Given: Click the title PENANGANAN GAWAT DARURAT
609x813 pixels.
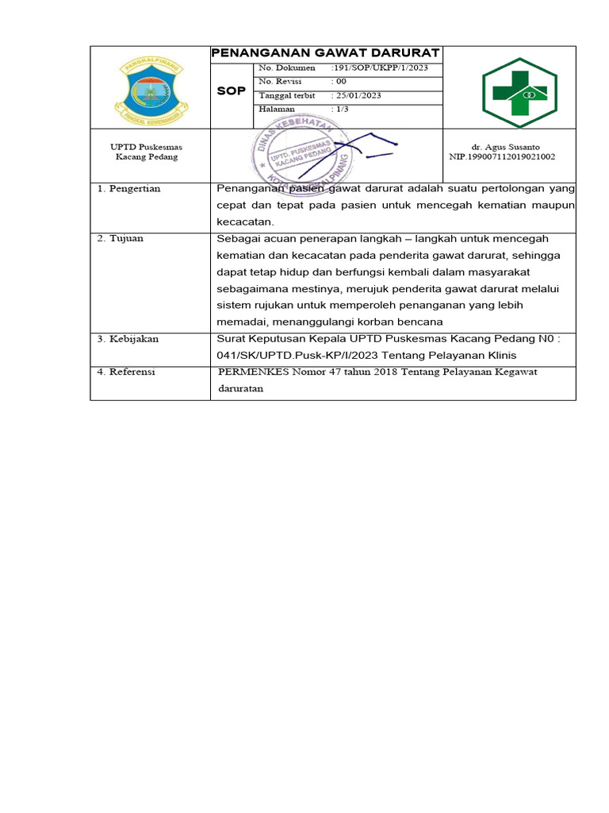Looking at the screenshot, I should (x=325, y=53).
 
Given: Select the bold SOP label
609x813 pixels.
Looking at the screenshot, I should (x=232, y=91).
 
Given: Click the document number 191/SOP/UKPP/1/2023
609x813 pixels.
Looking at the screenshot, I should (x=380, y=68).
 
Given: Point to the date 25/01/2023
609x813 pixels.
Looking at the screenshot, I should (x=356, y=95).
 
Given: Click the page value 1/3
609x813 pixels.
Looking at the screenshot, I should (x=340, y=109).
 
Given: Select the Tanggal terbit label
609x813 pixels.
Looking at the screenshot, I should (x=282, y=95).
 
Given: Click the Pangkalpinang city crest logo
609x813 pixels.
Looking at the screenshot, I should (x=150, y=88).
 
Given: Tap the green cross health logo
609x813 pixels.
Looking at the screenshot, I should (x=519, y=92).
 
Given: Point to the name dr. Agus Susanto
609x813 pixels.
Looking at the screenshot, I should (x=501, y=147).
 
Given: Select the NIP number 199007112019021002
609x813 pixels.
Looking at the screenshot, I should (x=502, y=157).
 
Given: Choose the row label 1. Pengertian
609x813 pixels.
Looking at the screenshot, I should (x=128, y=189).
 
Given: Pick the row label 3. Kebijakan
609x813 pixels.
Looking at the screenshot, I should (x=128, y=338).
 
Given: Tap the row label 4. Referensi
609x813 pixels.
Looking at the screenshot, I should (x=126, y=372).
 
